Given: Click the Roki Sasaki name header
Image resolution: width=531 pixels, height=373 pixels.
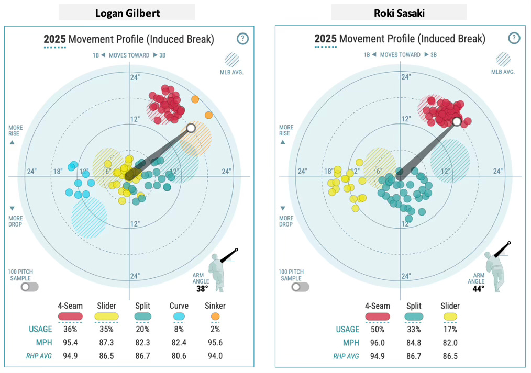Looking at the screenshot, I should coord(398,13).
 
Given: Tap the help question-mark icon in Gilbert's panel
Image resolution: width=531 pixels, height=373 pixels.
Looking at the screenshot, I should coord(242,39).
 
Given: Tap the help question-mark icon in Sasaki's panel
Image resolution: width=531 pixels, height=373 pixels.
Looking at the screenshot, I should coord(514,38).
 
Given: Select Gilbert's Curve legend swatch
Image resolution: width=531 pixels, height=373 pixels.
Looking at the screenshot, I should coord(179,316).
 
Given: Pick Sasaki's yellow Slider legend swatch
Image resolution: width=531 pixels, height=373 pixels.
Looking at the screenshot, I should coord(450,316).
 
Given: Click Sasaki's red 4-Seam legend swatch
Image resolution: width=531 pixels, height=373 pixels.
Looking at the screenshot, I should coord(377,316).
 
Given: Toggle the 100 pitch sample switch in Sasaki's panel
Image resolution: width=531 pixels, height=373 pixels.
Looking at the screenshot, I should coord(300,287).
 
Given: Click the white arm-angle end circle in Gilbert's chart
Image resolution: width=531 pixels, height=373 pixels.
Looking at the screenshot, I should coord(191,128).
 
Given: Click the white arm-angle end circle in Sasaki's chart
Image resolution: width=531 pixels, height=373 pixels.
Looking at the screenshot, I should coord(457,121).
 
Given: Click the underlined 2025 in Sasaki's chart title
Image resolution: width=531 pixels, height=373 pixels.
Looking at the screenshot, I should coord(325,39).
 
